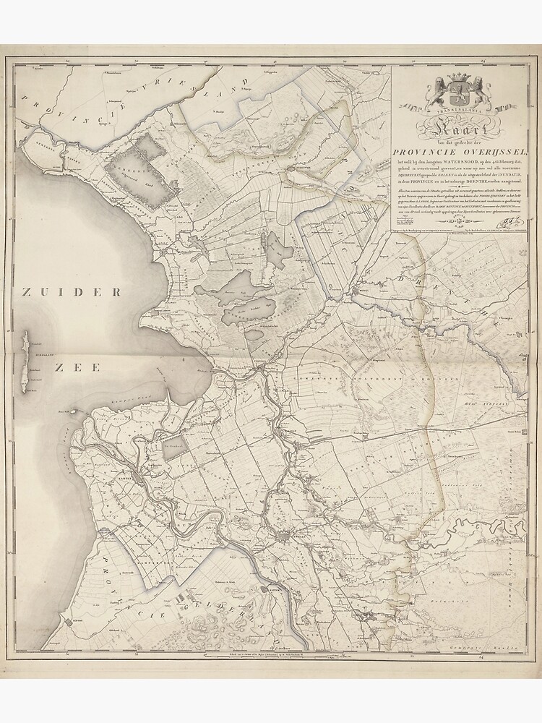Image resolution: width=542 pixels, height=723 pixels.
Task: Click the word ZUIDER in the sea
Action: (x=71, y=292)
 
